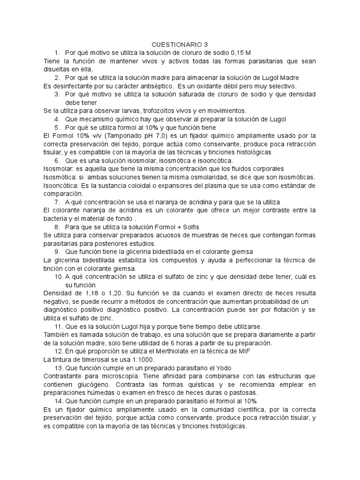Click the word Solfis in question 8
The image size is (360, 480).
[189, 227]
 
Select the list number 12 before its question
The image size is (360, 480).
[59, 352]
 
